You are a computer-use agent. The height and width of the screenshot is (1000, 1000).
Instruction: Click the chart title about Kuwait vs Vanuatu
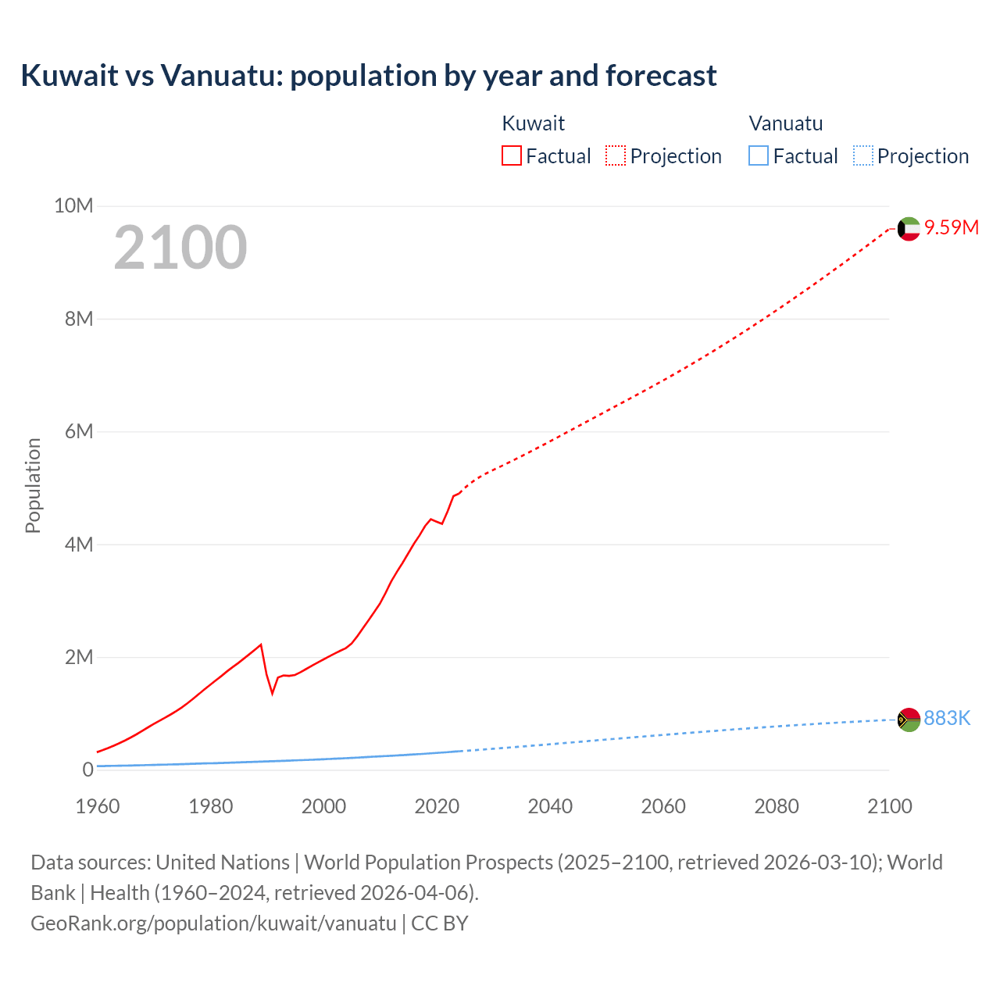click(x=368, y=76)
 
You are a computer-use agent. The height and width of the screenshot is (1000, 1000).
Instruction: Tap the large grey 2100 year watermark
click(x=180, y=248)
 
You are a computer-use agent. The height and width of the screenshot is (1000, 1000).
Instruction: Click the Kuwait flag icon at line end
click(x=909, y=229)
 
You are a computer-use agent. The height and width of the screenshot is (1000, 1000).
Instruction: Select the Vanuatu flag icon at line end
click(x=909, y=719)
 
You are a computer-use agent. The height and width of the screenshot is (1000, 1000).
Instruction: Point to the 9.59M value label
click(x=952, y=227)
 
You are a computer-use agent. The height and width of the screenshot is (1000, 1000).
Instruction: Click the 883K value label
click(x=947, y=718)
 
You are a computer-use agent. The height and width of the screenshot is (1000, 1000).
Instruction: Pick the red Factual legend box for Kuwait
click(x=512, y=155)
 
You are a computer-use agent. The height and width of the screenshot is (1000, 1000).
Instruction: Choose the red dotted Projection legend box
click(x=616, y=155)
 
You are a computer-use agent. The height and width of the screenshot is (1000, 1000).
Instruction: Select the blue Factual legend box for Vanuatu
click(x=759, y=155)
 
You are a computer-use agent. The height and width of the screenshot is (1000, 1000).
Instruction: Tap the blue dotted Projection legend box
click(x=863, y=155)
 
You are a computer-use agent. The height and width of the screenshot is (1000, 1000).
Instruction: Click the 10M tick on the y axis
click(x=73, y=205)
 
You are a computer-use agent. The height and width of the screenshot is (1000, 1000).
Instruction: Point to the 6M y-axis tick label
click(x=78, y=431)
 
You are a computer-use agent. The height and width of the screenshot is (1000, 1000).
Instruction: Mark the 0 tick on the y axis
click(x=87, y=770)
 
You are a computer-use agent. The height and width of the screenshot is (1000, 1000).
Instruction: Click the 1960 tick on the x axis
click(x=98, y=806)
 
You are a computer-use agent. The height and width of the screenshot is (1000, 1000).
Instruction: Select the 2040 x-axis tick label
click(x=550, y=806)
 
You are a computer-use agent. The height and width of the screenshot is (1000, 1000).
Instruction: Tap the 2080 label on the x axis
click(x=777, y=806)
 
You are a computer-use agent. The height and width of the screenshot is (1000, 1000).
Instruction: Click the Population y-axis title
click(x=33, y=485)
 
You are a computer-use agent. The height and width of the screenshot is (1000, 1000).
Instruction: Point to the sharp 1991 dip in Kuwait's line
click(x=273, y=692)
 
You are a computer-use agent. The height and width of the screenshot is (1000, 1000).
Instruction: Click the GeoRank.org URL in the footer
click(x=213, y=923)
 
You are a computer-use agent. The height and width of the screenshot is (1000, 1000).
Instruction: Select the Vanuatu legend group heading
click(x=786, y=123)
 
